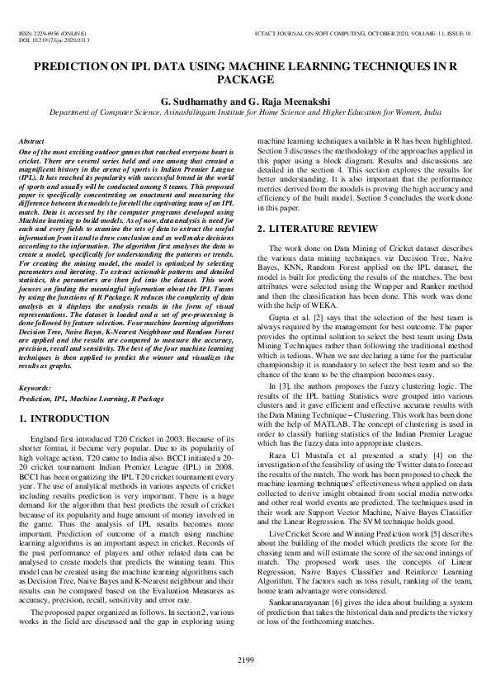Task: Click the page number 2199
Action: [x=245, y=659]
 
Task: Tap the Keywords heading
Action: [x=34, y=387]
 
